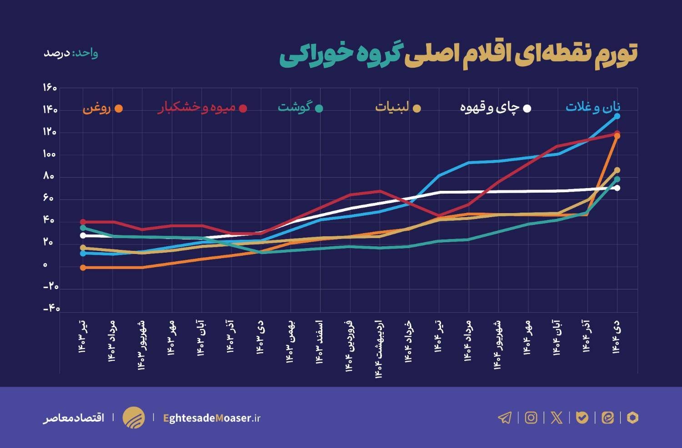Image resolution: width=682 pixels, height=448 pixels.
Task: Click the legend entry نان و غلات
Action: click(x=593, y=107)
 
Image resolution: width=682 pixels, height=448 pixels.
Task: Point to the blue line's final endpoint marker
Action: click(x=617, y=116)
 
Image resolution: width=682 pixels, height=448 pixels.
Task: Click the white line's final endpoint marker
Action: click(x=617, y=188)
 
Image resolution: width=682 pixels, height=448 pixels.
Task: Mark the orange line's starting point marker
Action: click(x=83, y=268)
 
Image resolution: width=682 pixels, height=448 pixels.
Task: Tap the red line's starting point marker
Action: click(x=83, y=222)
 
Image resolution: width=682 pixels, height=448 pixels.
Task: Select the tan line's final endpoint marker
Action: click(x=617, y=170)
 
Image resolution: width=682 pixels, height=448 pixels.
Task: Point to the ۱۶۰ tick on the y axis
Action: click(x=50, y=88)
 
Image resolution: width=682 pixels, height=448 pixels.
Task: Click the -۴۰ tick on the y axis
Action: click(x=51, y=309)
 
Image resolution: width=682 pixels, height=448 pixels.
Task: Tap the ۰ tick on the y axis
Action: click(x=45, y=265)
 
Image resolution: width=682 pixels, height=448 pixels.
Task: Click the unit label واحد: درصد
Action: click(x=70, y=53)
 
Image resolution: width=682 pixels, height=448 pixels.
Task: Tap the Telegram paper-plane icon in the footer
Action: click(x=505, y=418)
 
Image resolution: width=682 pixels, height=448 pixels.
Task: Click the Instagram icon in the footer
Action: click(x=531, y=418)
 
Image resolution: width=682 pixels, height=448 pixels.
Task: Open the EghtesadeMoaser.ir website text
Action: click(x=211, y=418)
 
